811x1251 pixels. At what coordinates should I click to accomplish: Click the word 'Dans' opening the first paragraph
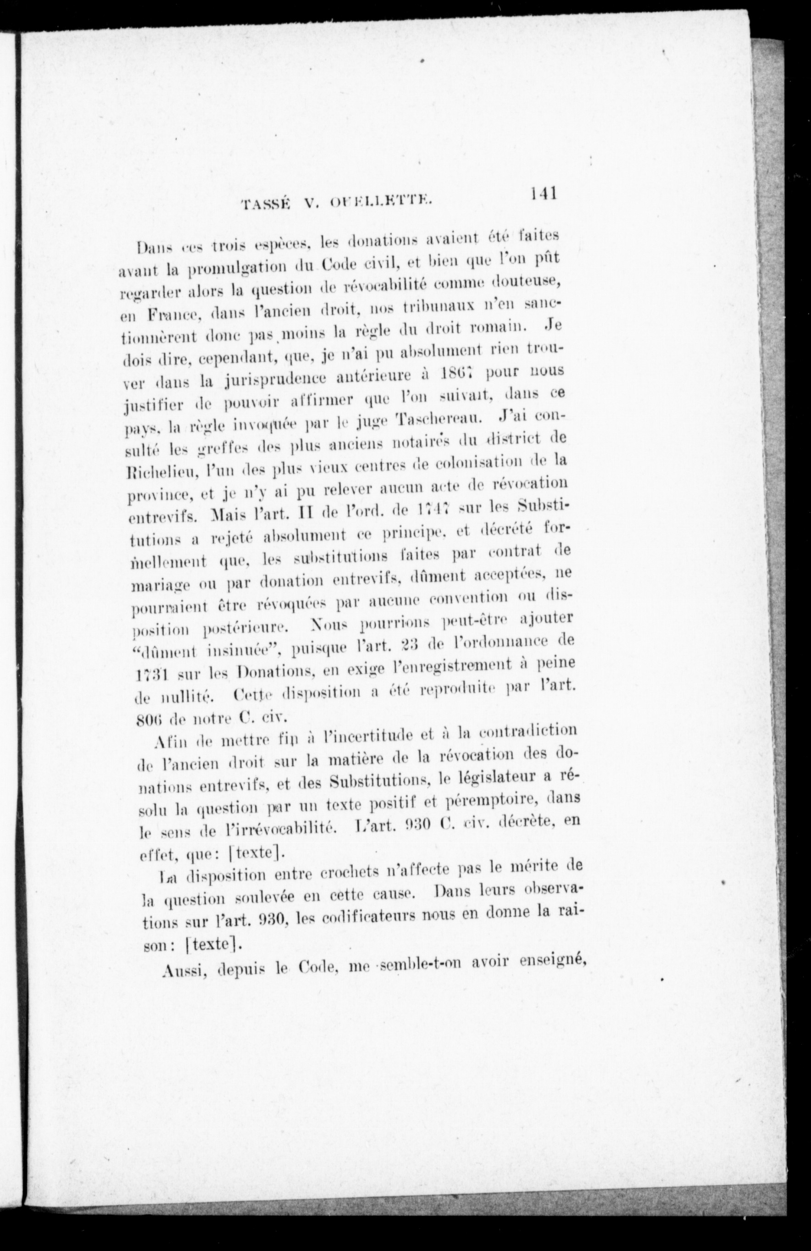152,247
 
